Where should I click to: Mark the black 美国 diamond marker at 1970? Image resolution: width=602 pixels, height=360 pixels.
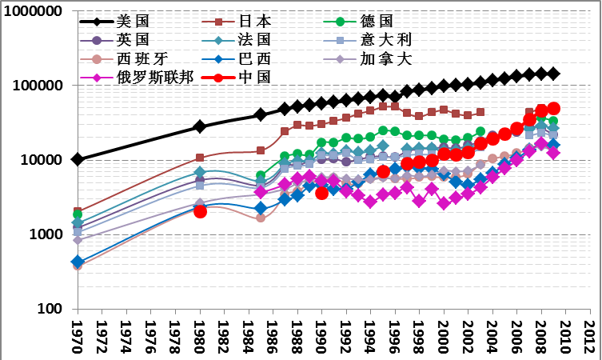pyautogui.click(x=78, y=159)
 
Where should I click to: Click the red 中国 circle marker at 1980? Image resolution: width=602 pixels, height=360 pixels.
pyautogui.click(x=200, y=211)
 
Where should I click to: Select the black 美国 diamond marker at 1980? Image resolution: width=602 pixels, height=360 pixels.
pyautogui.click(x=200, y=126)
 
